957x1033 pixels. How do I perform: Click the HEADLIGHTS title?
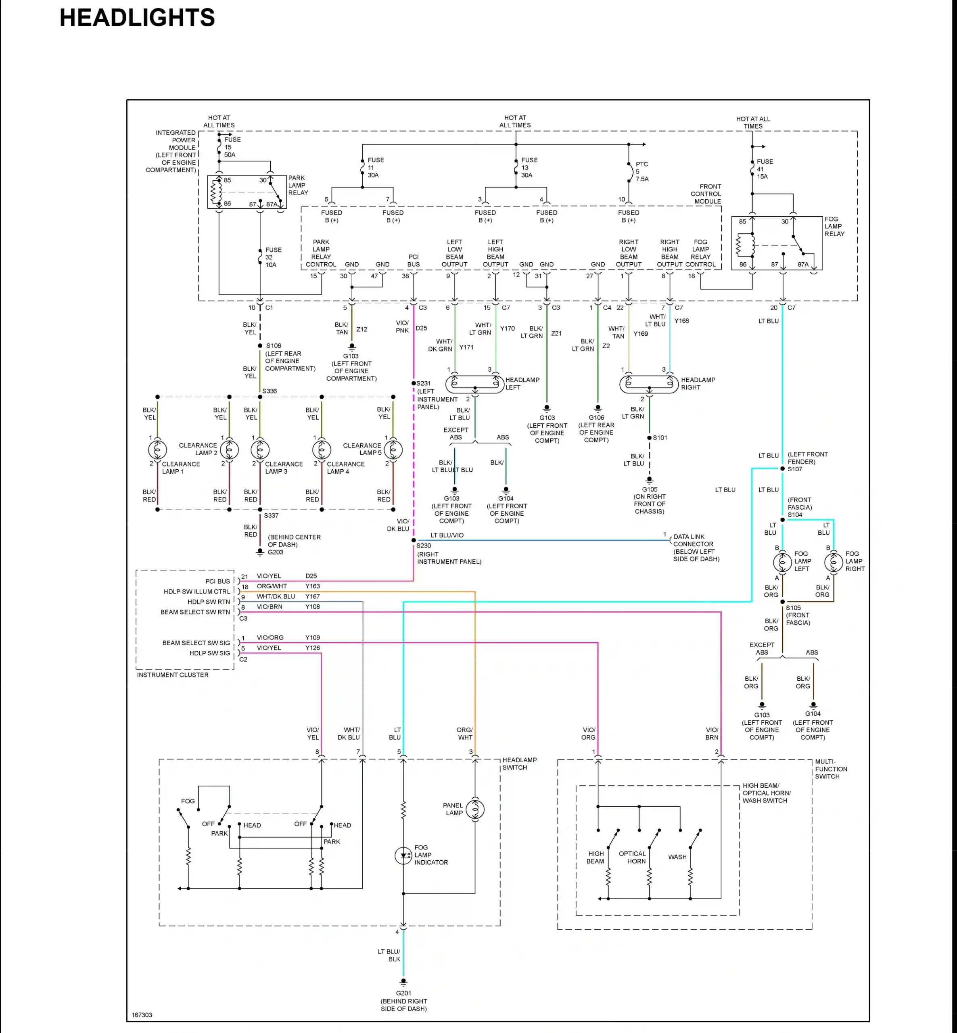point(137,18)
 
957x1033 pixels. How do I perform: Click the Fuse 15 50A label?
point(232,147)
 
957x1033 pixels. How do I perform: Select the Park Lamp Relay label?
point(298,185)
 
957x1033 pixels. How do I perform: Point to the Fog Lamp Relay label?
point(834,226)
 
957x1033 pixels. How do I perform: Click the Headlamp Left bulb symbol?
point(475,384)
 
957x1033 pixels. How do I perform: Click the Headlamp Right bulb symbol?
point(649,384)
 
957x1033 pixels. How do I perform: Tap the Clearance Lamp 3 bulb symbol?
point(260,450)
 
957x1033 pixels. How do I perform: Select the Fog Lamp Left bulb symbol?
point(782,562)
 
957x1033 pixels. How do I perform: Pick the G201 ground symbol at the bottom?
point(403,982)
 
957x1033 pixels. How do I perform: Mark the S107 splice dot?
point(782,468)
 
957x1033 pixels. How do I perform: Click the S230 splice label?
point(424,546)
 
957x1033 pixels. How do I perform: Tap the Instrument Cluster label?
point(172,675)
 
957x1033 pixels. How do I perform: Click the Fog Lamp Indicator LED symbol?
point(403,856)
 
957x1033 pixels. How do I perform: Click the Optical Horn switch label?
point(632,857)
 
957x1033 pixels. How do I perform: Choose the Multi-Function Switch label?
point(831,769)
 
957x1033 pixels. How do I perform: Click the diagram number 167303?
point(142,1015)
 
